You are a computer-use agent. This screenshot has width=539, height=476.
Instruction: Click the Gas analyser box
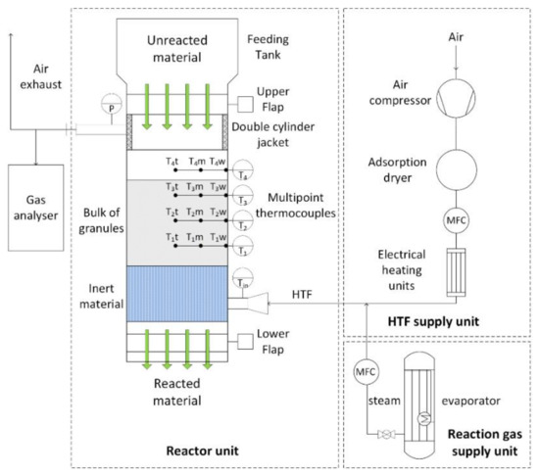click(x=35, y=193)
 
